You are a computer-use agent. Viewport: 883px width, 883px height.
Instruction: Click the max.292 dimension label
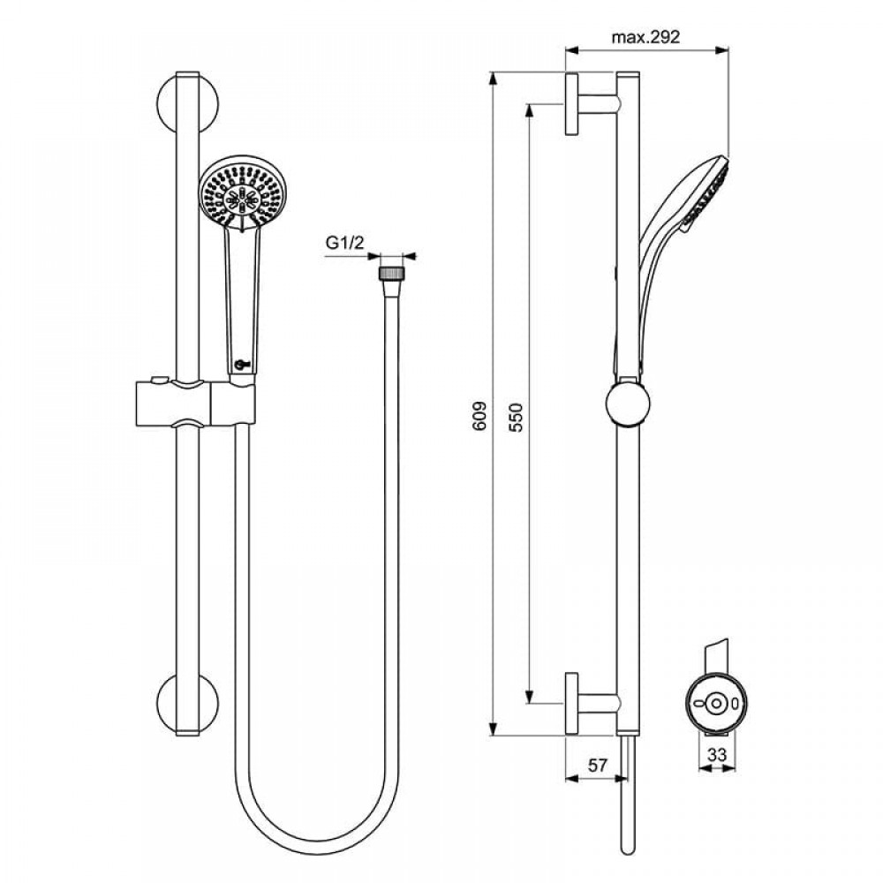click(x=645, y=37)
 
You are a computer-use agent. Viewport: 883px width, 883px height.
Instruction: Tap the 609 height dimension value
click(x=479, y=416)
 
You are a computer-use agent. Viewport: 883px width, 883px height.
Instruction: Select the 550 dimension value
click(x=516, y=417)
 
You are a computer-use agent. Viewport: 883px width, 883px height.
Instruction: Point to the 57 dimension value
click(x=598, y=766)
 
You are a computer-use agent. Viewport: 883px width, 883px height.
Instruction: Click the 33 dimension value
click(x=717, y=754)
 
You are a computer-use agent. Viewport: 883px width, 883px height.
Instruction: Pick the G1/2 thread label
click(x=345, y=243)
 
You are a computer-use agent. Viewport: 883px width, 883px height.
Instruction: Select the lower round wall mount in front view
click(x=187, y=704)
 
